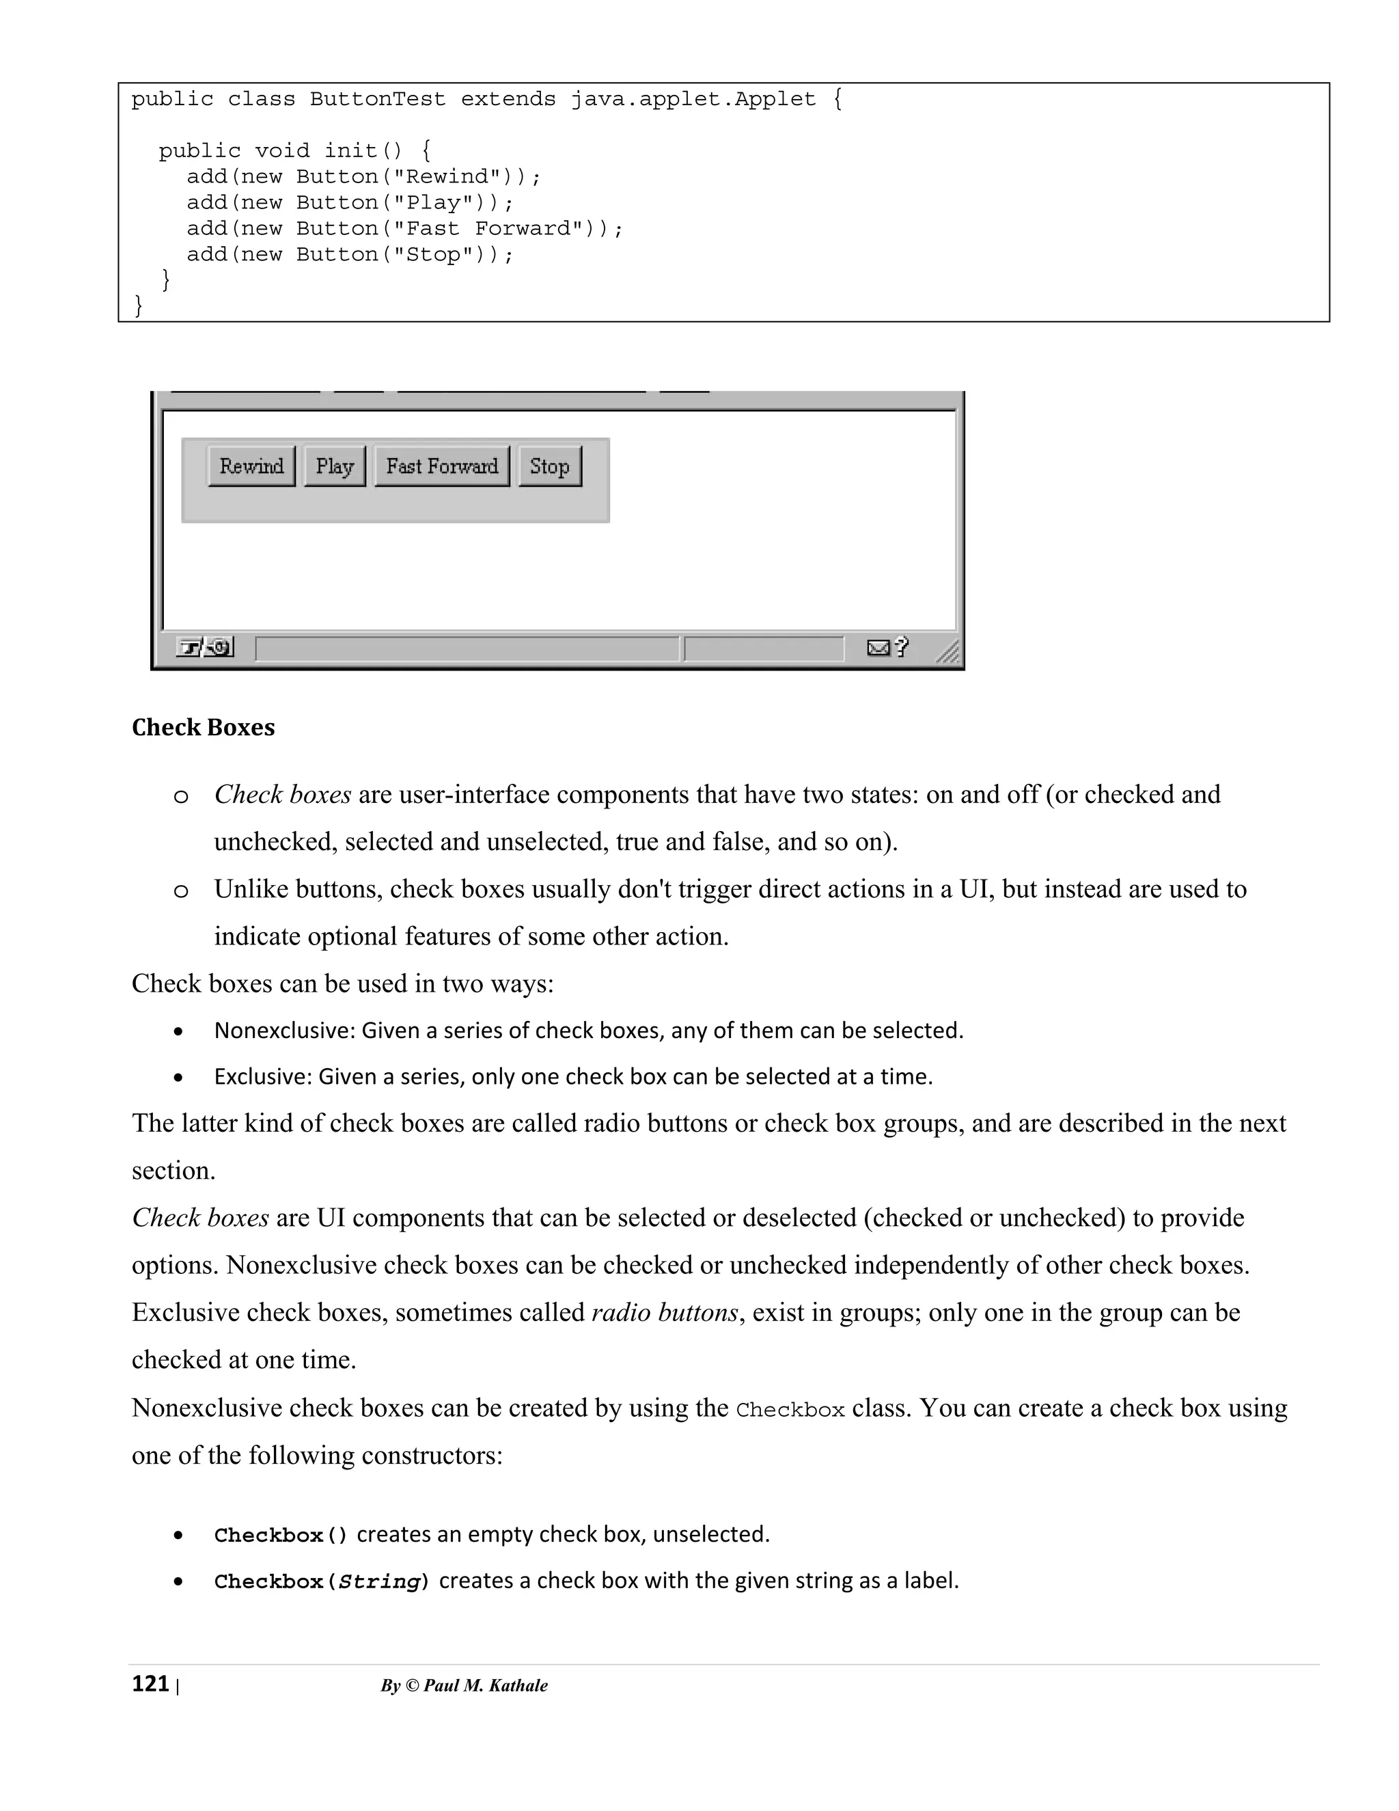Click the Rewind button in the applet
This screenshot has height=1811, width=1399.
click(251, 466)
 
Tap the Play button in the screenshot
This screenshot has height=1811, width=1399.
click(334, 466)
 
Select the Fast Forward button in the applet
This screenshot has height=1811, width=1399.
click(442, 466)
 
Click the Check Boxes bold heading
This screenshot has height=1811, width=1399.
click(203, 727)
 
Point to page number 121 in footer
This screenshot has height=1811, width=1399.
click(150, 1683)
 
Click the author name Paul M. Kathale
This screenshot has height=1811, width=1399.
click(485, 1685)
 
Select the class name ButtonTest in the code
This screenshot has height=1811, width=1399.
click(377, 100)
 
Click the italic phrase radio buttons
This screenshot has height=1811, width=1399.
click(665, 1313)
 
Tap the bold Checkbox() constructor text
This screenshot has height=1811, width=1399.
click(281, 1535)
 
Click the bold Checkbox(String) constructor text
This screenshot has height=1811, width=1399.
click(322, 1581)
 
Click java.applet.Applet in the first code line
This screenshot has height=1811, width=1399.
click(693, 100)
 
